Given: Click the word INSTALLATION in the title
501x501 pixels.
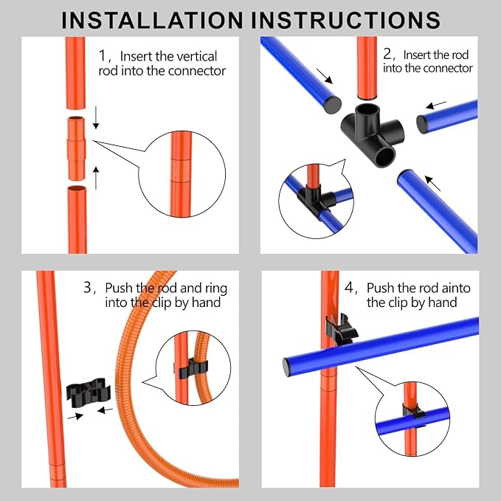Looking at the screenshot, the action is click(152, 20).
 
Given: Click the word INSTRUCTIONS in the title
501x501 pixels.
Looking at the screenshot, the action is click(346, 20).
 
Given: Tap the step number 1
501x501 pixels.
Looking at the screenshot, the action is click(103, 55).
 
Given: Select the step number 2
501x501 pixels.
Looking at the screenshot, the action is click(387, 54).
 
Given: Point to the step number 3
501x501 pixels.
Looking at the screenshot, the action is click(88, 287).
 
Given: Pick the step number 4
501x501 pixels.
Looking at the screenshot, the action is click(348, 287).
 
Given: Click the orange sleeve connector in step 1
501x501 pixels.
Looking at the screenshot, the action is click(76, 148).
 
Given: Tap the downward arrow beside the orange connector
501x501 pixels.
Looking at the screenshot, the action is click(96, 118).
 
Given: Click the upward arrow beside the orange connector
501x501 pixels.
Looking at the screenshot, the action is click(96, 178).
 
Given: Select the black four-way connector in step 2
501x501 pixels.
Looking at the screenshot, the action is click(373, 135).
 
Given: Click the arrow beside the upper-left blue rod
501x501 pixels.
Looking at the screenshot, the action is click(325, 76).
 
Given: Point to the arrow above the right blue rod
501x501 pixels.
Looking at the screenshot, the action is click(436, 105).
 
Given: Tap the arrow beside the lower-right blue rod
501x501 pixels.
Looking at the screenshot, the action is click(432, 183).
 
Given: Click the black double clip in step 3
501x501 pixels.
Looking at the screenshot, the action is click(89, 393).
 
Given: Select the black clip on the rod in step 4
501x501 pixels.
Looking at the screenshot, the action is click(341, 329).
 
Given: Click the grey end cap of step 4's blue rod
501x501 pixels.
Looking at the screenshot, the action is click(286, 367).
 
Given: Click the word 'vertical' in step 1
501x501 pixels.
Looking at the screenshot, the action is click(197, 56).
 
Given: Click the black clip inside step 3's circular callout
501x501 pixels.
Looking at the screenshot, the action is click(191, 369).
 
